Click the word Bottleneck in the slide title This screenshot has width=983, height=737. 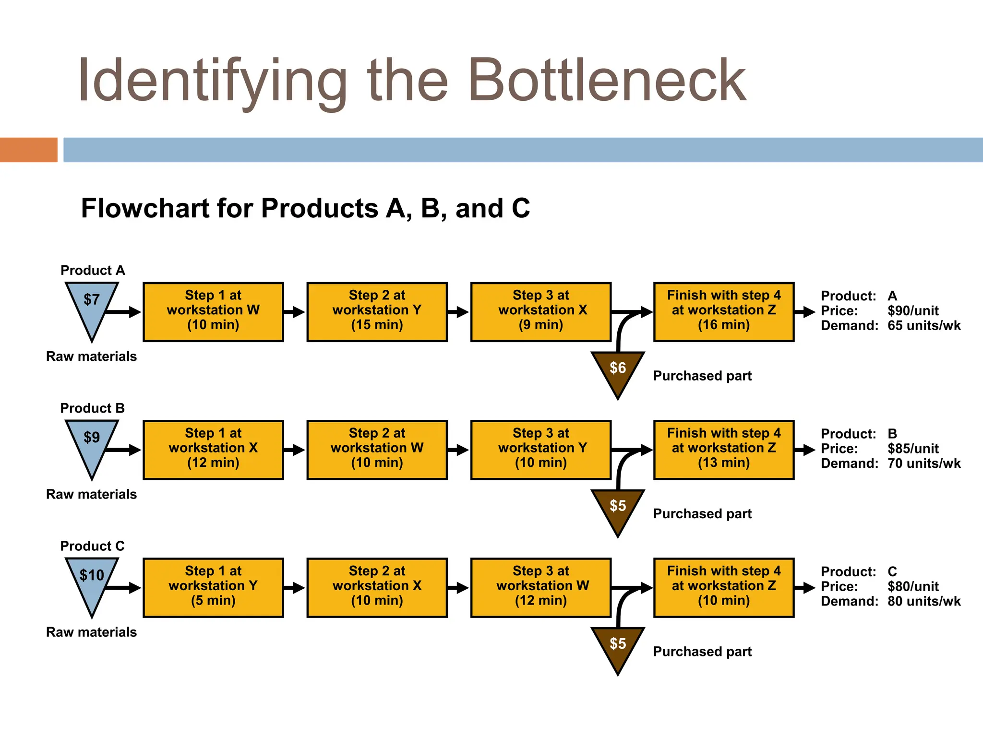tap(607, 81)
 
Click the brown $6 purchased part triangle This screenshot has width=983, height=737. tap(618, 370)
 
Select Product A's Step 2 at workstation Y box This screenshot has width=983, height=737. tap(377, 312)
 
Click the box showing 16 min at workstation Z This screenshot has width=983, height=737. tap(723, 312)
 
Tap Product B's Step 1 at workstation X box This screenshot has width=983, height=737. tap(213, 450)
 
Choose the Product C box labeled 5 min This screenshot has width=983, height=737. tap(213, 587)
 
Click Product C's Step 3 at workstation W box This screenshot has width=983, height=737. tap(540, 587)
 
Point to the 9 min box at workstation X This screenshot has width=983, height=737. tap(540, 312)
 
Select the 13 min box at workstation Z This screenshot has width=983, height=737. tap(723, 450)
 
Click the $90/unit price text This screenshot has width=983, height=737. tap(913, 310)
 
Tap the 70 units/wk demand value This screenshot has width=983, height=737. tap(924, 464)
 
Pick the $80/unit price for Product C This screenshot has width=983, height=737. tap(913, 586)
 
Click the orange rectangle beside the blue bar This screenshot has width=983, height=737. tap(28, 150)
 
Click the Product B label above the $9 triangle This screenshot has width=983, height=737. tap(92, 408)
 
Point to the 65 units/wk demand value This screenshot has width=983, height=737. tap(924, 326)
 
